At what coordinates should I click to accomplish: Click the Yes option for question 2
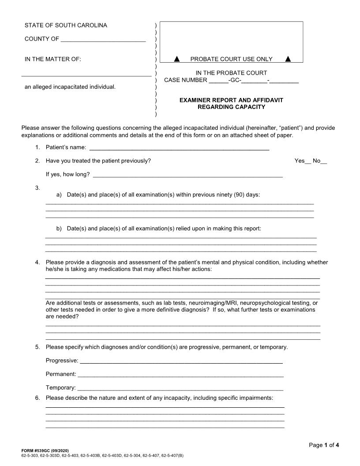(x=302, y=161)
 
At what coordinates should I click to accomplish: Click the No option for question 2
(x=320, y=161)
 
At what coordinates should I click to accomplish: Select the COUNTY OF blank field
(x=103, y=39)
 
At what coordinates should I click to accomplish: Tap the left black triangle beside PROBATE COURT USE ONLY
(x=176, y=59)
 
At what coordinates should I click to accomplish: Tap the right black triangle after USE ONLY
(x=288, y=59)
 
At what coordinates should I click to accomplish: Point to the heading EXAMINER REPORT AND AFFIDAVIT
(x=231, y=100)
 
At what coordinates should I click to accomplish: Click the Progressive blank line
(x=181, y=361)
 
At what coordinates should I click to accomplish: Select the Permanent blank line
(x=180, y=375)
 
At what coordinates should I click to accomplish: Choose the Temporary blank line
(x=180, y=388)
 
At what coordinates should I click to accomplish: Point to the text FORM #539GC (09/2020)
(x=45, y=450)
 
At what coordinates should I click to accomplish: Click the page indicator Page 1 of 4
(x=323, y=445)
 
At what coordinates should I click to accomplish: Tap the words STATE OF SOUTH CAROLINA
(x=66, y=26)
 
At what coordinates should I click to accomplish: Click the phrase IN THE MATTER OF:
(x=53, y=59)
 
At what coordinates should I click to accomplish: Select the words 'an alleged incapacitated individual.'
(x=70, y=87)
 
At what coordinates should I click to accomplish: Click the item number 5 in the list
(x=37, y=347)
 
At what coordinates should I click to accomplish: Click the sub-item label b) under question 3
(x=59, y=229)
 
